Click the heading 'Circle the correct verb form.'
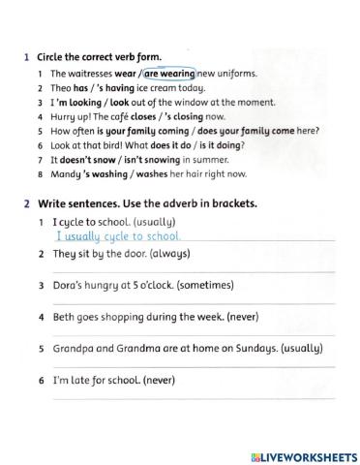point(99,57)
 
